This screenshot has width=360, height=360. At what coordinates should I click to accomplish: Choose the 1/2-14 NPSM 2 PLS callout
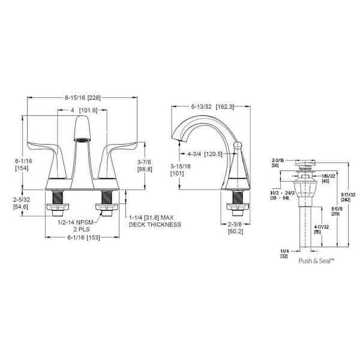pyautogui.click(x=70, y=224)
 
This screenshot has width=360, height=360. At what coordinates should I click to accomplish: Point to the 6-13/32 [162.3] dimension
pyautogui.click(x=212, y=107)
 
